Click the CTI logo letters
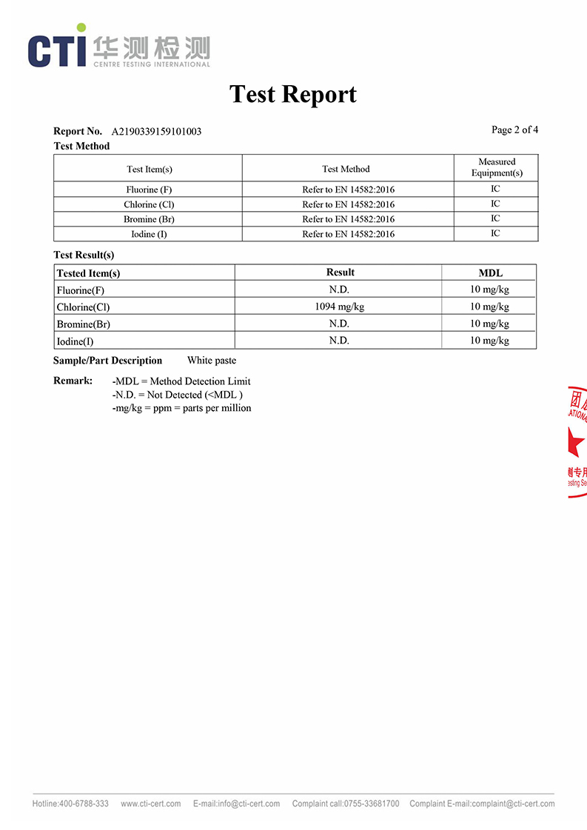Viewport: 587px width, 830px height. [x=56, y=50]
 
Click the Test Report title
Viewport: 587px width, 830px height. [x=293, y=94]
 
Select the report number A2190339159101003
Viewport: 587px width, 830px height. [x=156, y=132]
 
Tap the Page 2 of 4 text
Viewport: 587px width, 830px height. [x=514, y=130]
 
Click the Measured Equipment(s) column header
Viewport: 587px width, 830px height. [x=496, y=167]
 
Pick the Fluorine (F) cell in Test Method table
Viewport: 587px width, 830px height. [x=149, y=190]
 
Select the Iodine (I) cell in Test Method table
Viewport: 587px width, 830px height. [x=149, y=234]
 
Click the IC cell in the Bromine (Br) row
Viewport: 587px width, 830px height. [x=495, y=218]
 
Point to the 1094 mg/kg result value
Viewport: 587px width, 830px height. [x=339, y=307]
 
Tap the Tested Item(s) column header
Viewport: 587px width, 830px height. [x=88, y=273]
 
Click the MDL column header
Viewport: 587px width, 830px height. [x=490, y=273]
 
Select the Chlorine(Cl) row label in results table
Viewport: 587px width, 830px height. [x=83, y=307]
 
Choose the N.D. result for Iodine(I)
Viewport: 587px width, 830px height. [x=339, y=341]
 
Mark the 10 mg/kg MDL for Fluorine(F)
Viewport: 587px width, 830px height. [x=489, y=290]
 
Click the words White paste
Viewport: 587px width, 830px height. [x=212, y=361]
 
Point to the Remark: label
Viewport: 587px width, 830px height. [x=73, y=381]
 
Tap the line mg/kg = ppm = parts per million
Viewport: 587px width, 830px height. [x=181, y=408]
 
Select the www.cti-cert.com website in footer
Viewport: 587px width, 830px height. [x=150, y=803]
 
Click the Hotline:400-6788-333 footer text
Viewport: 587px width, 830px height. [x=70, y=803]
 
